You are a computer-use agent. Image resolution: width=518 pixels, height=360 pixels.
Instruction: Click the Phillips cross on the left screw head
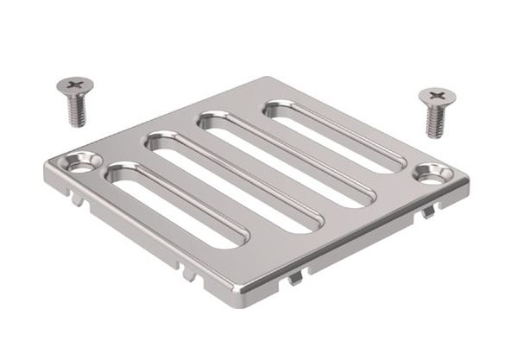[75, 85]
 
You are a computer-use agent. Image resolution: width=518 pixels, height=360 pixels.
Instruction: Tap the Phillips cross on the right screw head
[439, 94]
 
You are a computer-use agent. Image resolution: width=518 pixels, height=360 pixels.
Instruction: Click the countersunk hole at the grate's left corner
[83, 164]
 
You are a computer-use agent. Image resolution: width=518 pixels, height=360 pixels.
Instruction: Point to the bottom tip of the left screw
[74, 125]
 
